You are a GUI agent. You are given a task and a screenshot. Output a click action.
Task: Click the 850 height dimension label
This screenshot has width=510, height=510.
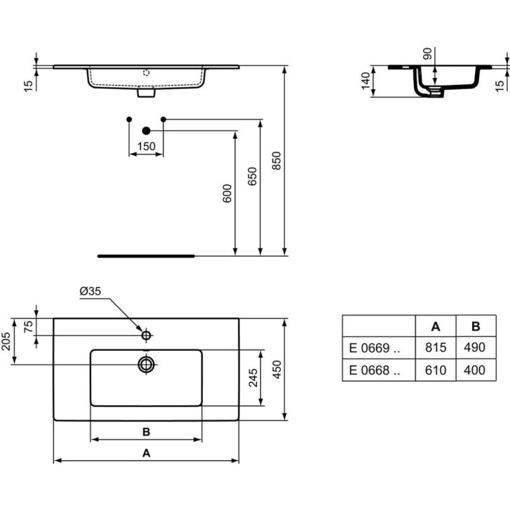pyautogui.click(x=276, y=161)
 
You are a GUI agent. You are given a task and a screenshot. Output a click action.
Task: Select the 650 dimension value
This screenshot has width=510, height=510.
pyautogui.click(x=252, y=176)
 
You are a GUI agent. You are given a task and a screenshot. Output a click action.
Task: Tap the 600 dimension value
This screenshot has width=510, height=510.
pyautogui.click(x=227, y=193)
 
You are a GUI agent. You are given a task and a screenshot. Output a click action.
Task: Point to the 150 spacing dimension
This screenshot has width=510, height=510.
pyautogui.click(x=147, y=147)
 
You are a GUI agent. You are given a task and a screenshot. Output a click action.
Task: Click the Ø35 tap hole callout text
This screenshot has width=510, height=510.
pyautogui.click(x=90, y=291)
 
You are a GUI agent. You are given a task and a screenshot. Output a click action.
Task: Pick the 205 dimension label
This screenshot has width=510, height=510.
pyautogui.click(x=6, y=342)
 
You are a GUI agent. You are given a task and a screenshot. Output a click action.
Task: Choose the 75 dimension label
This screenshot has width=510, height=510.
pyautogui.click(x=29, y=327)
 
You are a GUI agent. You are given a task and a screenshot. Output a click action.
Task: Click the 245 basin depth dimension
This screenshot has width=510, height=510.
pyautogui.click(x=253, y=377)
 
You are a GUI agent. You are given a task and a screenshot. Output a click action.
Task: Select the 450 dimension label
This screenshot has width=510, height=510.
pyautogui.click(x=276, y=369)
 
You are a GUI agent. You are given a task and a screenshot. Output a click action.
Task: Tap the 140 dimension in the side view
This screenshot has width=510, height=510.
pyautogui.click(x=365, y=81)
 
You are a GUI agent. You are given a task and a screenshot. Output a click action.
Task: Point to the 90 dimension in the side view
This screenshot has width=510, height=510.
pyautogui.click(x=427, y=54)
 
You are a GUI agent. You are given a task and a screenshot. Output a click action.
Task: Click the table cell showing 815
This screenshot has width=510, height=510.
pyautogui.click(x=436, y=347)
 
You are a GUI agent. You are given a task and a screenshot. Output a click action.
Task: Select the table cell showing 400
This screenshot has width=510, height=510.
pyautogui.click(x=476, y=370)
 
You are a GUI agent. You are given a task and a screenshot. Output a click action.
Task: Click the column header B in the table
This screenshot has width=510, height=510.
pyautogui.click(x=476, y=326)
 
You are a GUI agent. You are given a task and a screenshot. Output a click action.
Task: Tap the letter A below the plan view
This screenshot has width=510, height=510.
pyautogui.click(x=147, y=452)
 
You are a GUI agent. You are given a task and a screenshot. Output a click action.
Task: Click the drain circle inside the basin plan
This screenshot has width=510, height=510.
pyautogui.click(x=147, y=364)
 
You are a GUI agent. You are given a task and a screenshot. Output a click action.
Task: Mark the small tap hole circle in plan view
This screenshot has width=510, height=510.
pyautogui.click(x=147, y=335)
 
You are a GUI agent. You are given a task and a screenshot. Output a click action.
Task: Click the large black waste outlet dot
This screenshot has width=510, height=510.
pyautogui.click(x=147, y=130)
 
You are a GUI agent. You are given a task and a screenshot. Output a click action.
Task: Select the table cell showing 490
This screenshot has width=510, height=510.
pyautogui.click(x=476, y=347)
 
